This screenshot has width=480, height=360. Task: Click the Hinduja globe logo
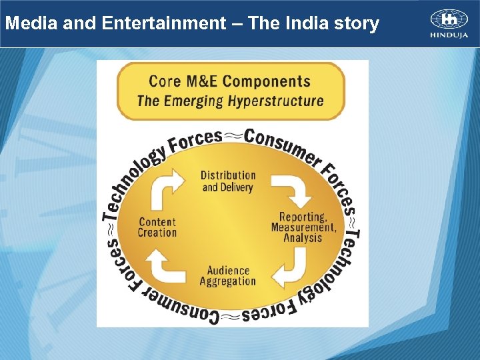coord(449,19)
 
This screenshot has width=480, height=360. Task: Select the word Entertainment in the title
coord(164,24)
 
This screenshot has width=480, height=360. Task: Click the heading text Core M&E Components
coord(229,82)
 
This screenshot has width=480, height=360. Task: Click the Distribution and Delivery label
coord(228,181)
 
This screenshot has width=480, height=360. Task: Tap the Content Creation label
coord(157,227)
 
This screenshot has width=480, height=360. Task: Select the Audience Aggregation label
coord(227,276)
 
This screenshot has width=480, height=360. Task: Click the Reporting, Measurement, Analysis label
coord(303,227)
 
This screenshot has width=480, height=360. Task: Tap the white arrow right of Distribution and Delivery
coord(293,188)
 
